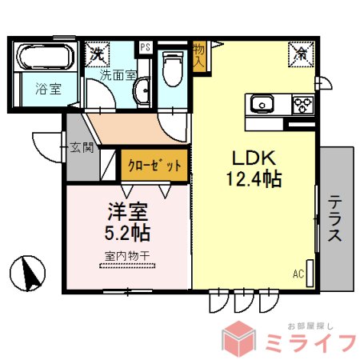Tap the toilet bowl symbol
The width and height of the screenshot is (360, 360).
170,72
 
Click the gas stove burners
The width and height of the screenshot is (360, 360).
303,105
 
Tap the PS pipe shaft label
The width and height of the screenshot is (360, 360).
145,47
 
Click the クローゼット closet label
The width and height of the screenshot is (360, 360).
154,166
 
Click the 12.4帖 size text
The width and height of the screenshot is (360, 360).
252,179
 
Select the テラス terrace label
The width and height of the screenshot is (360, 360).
335,217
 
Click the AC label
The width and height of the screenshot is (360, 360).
298,274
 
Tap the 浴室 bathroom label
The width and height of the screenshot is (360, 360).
47,90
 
